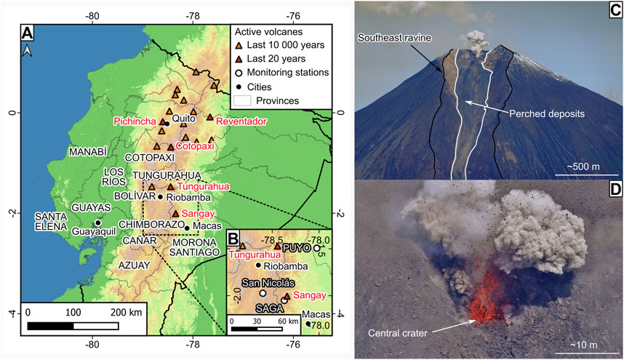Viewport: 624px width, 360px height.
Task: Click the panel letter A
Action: (28, 33)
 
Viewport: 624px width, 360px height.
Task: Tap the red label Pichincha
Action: (135, 122)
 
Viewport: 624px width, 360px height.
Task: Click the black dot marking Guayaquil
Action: (97, 223)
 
